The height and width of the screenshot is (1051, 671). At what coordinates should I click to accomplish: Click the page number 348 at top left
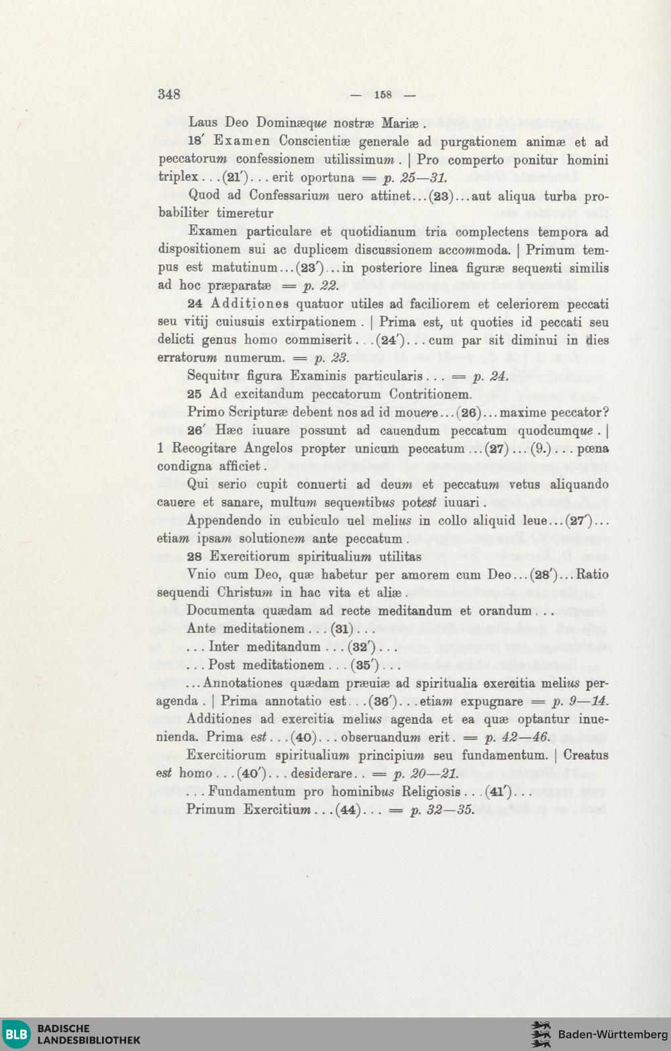[x=169, y=94]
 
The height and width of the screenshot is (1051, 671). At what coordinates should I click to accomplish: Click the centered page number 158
[x=383, y=95]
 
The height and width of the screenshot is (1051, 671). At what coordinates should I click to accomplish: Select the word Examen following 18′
[x=242, y=141]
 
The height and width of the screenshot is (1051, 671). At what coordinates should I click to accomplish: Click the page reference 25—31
[x=423, y=178]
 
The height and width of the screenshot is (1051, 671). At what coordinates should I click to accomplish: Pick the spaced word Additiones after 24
[x=250, y=304]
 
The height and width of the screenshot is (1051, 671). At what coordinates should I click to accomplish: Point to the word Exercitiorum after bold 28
[x=250, y=556]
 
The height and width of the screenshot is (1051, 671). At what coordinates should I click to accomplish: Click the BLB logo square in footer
[x=16, y=1034]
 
